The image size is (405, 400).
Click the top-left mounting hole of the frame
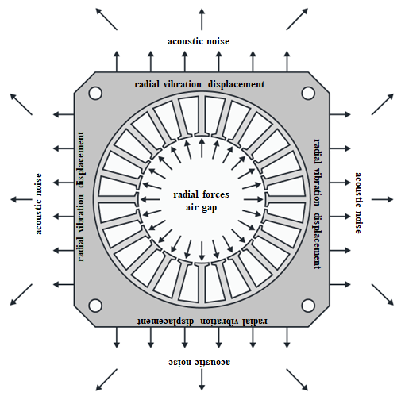point(95,93)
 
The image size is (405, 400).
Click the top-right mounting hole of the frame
point(308,93)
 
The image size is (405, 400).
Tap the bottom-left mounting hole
point(95,306)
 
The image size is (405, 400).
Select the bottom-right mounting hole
point(308,306)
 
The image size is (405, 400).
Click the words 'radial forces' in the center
point(201,194)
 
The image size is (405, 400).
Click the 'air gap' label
point(201,207)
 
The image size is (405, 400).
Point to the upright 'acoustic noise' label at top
point(199,41)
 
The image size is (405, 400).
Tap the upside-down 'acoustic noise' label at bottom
point(199,362)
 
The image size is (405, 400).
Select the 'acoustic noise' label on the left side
point(39,204)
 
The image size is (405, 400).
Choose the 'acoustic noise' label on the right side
point(358,203)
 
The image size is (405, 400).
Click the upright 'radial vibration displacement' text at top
point(199,84)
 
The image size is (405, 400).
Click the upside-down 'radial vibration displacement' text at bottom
point(202,321)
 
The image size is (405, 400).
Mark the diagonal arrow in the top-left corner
point(106,19)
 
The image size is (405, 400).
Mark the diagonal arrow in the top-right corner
point(297,19)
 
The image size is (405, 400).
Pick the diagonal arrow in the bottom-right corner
point(383,294)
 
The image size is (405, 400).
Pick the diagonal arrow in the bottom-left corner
point(21,294)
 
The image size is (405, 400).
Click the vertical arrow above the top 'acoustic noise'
point(202,19)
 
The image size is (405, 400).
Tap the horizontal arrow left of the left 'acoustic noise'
point(21,199)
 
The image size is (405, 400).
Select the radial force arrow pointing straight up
point(202,148)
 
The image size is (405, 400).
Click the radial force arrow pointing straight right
point(253,199)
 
